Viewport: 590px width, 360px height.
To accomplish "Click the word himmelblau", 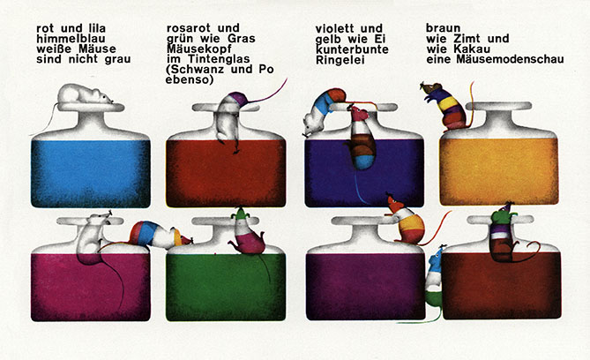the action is pos(71,39).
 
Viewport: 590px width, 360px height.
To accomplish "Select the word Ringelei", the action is pos(340,60).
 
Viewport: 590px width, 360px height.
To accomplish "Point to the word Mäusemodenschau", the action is pos(510,59).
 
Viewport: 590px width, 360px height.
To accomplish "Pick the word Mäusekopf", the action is pos(199,49).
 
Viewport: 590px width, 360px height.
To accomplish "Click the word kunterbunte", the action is pos(352,49).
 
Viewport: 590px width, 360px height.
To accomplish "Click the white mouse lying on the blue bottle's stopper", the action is pos(85,94).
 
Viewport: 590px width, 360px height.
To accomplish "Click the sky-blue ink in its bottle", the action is pos(91,174).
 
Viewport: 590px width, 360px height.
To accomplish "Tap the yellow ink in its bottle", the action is pos(499,172).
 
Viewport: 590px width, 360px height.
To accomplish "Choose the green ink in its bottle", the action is pos(226,287).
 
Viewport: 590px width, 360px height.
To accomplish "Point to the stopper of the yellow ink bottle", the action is pos(499,106).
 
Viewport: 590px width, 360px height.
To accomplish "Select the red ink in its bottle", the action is pos(226,173).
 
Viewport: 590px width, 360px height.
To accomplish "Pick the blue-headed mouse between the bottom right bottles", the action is pos(435,279).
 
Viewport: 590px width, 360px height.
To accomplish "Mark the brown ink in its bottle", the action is pos(501,285).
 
